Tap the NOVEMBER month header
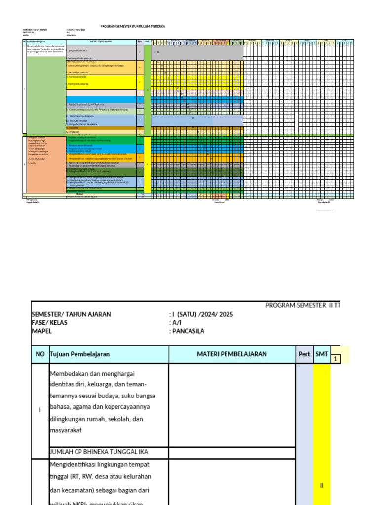click(221, 40)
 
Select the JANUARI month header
click(252, 40)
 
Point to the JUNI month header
click(344, 40)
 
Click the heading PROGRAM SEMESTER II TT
click(303, 305)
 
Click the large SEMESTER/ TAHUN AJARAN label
click(71, 314)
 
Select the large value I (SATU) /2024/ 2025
click(201, 314)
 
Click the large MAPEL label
click(41, 331)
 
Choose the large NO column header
click(39, 354)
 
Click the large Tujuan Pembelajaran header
click(80, 354)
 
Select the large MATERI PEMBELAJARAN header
click(232, 354)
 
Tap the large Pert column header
click(304, 354)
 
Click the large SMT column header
click(322, 354)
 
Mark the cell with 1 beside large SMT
click(336, 359)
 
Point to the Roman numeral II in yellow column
click(322, 485)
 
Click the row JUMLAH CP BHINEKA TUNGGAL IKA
click(99, 452)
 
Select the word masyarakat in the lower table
click(66, 430)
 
